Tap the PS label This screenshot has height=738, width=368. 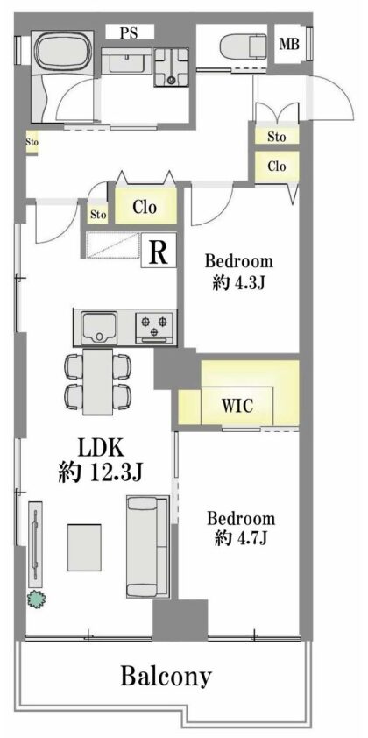tap(130, 33)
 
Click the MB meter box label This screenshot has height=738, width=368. tap(289, 44)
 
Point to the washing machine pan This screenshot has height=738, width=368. tap(171, 67)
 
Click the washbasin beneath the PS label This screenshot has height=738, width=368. tap(126, 60)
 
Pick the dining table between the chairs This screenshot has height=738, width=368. tap(98, 381)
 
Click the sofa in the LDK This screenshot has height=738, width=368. tap(148, 546)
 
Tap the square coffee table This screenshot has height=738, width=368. tap(84, 548)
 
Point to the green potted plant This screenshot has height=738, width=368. tap(37, 599)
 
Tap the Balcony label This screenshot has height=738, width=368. tap(166, 677)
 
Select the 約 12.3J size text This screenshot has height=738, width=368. tap(100, 472)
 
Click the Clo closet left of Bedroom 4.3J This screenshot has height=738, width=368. tap(145, 207)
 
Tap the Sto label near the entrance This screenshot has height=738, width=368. tap(277, 137)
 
